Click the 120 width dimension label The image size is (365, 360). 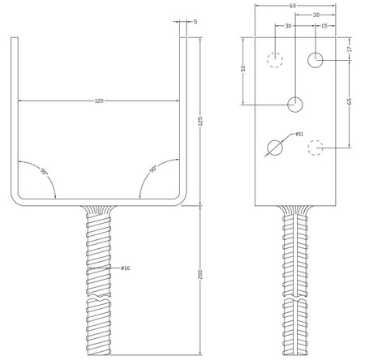[x=99, y=101]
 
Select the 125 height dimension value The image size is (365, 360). [x=200, y=121]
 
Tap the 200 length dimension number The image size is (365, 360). [x=200, y=274]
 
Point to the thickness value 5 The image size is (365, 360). [x=195, y=22]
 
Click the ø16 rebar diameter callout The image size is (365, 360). [x=126, y=268]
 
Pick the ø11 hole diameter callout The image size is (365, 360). [x=299, y=134]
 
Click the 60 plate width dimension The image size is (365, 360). [x=293, y=6]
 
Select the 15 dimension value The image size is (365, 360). [x=324, y=26]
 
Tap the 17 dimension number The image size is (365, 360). [x=350, y=49]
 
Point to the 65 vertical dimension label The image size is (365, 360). [x=350, y=101]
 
